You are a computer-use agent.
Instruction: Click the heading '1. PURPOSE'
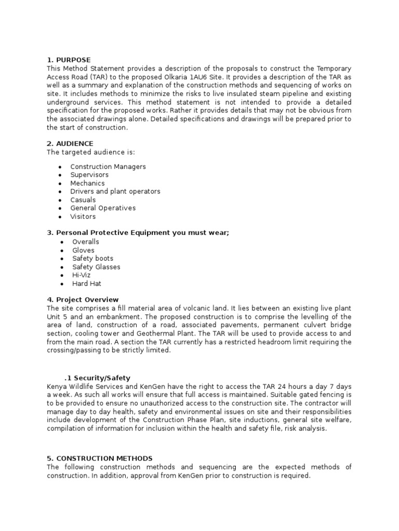coord(69,60)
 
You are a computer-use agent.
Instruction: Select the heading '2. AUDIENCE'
coord(70,144)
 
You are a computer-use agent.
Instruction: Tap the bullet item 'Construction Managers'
coord(108,166)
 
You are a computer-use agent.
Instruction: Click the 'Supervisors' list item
coord(89,175)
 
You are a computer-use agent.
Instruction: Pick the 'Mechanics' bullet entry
coord(87,183)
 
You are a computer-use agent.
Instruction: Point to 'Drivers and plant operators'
coord(115,191)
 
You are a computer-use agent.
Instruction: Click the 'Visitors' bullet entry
coord(83,216)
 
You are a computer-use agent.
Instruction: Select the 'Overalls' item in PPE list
coord(86,242)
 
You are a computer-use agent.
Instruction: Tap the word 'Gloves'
coord(84,250)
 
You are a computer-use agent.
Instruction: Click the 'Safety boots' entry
coord(93,258)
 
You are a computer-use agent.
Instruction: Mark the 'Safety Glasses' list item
coord(96,267)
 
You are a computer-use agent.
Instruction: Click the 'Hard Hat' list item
coord(87,284)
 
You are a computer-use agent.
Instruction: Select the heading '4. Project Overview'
coord(83,300)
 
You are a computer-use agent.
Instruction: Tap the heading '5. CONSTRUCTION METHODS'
coord(100,458)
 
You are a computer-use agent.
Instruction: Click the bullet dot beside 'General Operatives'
coord(61,208)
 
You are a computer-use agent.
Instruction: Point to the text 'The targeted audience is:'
coord(90,152)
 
